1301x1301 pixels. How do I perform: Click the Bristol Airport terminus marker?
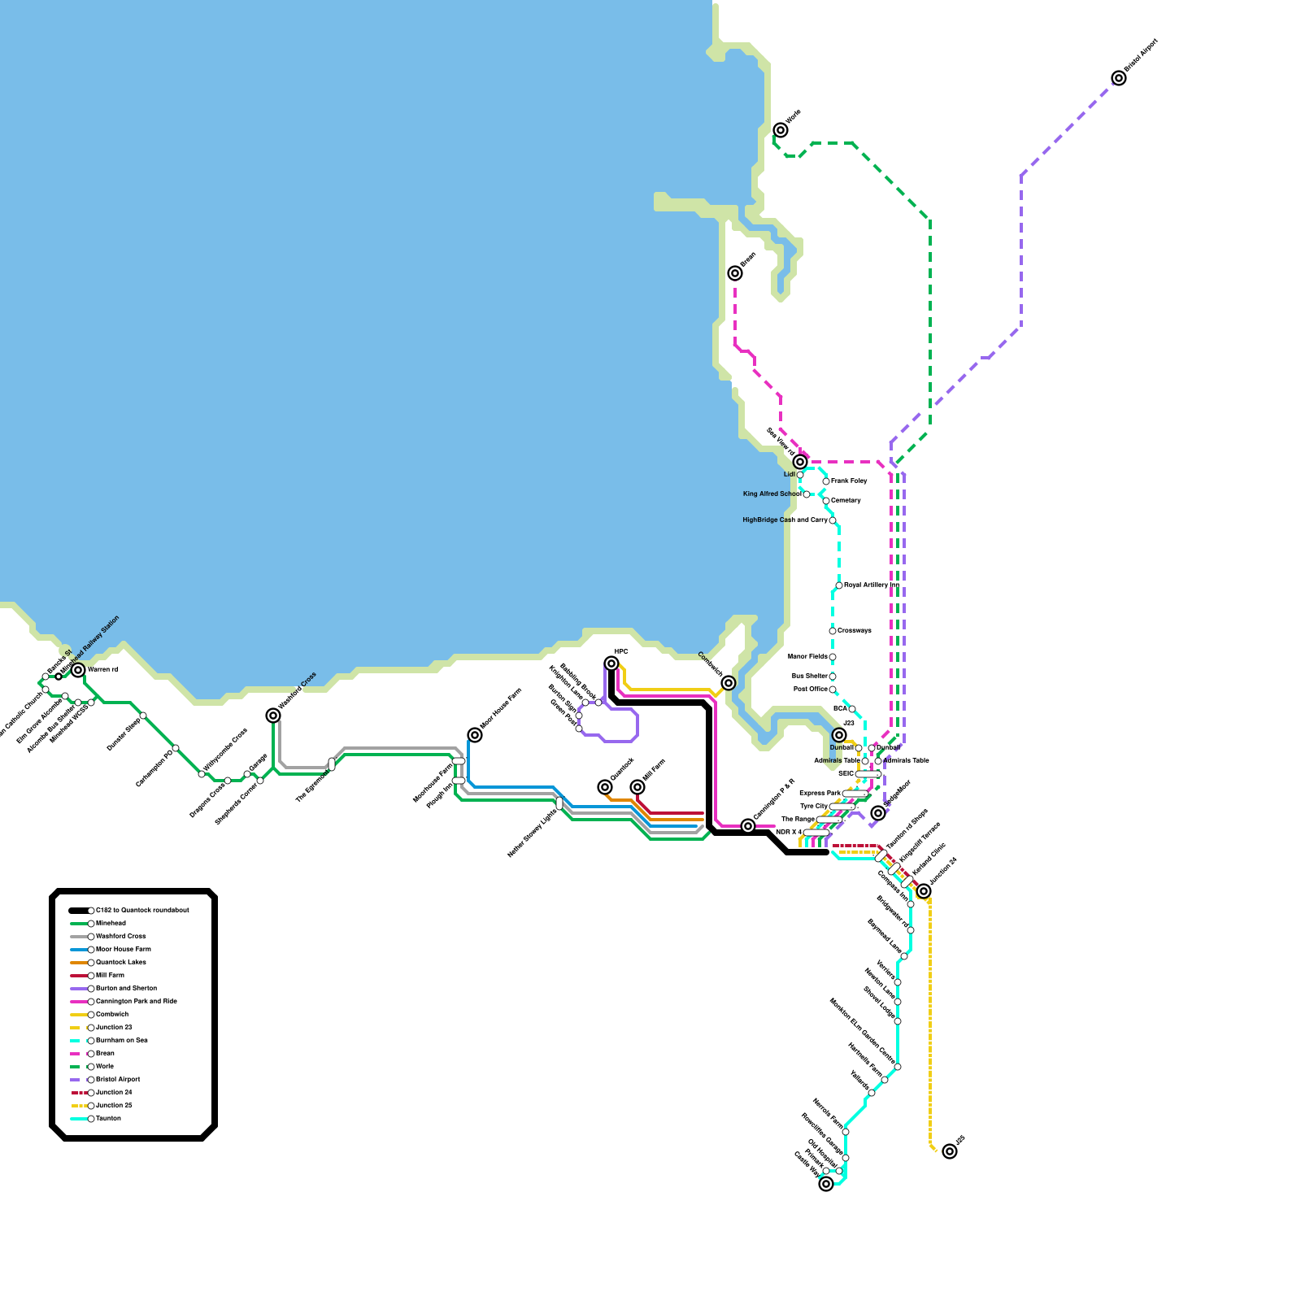pos(1119,78)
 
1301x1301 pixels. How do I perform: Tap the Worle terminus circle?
pos(781,130)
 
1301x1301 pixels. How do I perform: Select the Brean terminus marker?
pos(735,273)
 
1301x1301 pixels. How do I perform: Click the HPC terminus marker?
pos(611,664)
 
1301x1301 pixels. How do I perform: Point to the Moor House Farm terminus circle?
pos(475,735)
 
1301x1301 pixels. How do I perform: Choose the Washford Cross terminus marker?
pos(273,716)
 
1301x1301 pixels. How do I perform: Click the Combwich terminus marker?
pos(729,683)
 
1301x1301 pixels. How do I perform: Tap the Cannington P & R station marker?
pos(748,826)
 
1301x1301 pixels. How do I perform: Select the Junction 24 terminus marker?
pos(924,891)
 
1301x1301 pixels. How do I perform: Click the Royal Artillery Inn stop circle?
pos(839,585)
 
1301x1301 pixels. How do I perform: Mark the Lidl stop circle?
pos(800,475)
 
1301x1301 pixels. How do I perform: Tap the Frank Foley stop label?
pos(849,481)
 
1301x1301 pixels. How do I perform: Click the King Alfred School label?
pos(772,494)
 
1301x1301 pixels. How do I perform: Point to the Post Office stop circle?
pos(833,690)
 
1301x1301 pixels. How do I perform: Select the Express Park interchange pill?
pos(855,794)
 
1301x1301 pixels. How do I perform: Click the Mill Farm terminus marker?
pos(637,787)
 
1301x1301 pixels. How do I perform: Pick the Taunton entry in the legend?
pos(108,1119)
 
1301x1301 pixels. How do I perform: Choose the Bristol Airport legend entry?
pos(118,1080)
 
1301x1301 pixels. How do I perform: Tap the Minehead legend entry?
pos(111,924)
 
